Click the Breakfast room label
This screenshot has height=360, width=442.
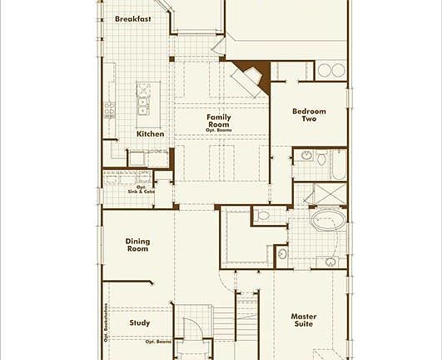pyautogui.click(x=133, y=19)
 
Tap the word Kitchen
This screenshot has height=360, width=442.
pyautogui.click(x=151, y=134)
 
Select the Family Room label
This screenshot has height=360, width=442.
pyautogui.click(x=219, y=121)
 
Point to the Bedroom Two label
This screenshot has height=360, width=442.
pyautogui.click(x=309, y=115)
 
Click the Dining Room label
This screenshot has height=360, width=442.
pyautogui.click(x=137, y=245)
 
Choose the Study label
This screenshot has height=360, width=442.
pyautogui.click(x=140, y=322)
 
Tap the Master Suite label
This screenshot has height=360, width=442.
pyautogui.click(x=303, y=320)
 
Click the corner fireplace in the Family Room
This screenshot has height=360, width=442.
pyautogui.click(x=248, y=78)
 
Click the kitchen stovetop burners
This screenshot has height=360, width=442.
pyautogui.click(x=108, y=108)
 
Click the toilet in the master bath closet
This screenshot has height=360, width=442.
pyautogui.click(x=263, y=215)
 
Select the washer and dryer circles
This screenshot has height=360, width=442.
pyautogui.click(x=332, y=70)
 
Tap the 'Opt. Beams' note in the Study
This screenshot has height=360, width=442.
pyautogui.click(x=157, y=342)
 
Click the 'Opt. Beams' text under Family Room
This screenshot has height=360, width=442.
pyautogui.click(x=219, y=132)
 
